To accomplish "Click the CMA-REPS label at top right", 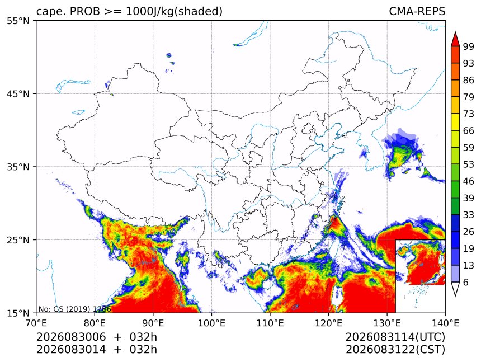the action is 417,11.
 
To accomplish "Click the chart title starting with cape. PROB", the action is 129,11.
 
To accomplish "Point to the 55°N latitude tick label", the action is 18,21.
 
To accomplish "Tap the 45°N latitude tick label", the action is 18,93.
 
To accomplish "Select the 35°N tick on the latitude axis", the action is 18,167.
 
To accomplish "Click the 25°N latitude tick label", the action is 18,239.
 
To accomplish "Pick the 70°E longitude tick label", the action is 36,323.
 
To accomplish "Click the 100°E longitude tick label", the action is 211,323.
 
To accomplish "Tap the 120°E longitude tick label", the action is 328,323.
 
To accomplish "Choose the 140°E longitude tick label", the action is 445,323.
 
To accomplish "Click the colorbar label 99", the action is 469,46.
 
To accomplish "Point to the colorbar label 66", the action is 469,131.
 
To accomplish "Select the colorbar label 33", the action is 469,215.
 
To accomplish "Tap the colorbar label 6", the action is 466,282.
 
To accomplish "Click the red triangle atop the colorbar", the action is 455,40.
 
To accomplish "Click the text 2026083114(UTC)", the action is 395,337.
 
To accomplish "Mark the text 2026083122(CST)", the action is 395,350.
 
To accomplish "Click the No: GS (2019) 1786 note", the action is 74,309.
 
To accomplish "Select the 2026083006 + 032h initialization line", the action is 97,337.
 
